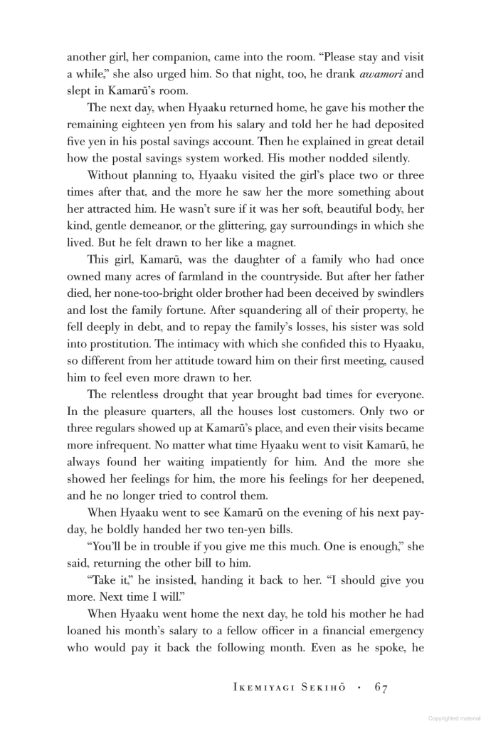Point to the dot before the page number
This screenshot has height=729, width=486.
359,688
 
